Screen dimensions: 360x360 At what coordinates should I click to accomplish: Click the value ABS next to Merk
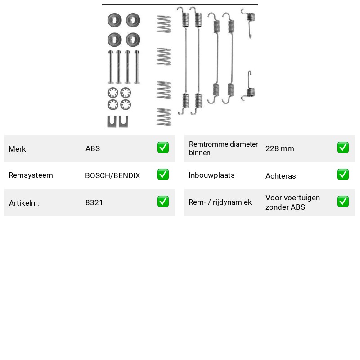click(93, 148)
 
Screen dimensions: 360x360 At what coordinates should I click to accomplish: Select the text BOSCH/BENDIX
click(112, 175)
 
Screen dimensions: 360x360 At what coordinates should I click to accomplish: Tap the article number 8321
click(94, 202)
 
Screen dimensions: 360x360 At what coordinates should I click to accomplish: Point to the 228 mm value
click(279, 148)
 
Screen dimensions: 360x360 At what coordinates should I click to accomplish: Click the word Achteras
click(280, 176)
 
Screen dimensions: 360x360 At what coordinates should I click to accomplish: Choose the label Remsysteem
click(31, 175)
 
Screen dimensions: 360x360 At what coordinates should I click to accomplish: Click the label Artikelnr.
click(24, 203)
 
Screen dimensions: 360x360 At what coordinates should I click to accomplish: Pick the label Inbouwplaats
click(211, 175)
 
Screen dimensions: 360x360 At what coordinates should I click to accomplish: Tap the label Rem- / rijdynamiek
click(220, 202)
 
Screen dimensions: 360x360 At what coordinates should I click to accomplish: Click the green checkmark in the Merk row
click(163, 148)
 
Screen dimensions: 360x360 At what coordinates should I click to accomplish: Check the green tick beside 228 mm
click(343, 148)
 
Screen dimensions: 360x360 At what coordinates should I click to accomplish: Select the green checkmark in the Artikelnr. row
click(163, 202)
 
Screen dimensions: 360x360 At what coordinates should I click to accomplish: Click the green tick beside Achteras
click(343, 175)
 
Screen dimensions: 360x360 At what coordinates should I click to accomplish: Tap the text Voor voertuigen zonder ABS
click(292, 202)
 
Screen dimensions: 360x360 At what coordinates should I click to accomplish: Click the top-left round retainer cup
click(115, 20)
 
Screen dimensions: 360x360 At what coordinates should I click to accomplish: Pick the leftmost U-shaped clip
click(112, 121)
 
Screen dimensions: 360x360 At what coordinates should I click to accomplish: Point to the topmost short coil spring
click(164, 24)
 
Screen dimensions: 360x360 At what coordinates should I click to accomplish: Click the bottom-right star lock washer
click(126, 105)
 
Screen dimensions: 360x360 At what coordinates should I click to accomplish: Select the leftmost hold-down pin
click(111, 67)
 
